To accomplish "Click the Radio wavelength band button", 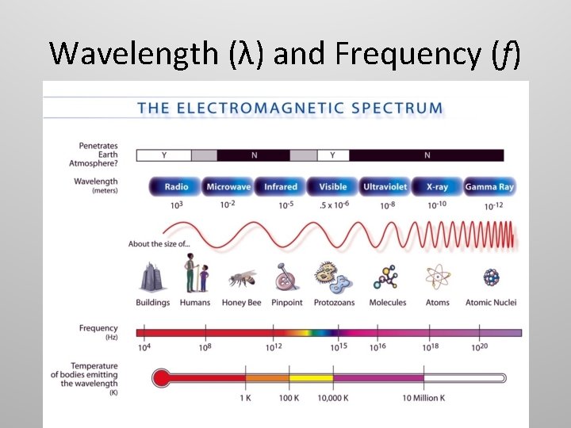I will [x=176, y=187].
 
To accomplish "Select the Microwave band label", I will [x=228, y=187].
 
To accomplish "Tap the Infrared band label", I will [x=280, y=187].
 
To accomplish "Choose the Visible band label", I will [x=333, y=187].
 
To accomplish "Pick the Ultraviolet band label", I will [x=385, y=187].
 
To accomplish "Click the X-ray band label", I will [x=437, y=187].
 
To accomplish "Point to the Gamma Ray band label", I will [x=489, y=187].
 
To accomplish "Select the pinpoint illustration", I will [x=286, y=278].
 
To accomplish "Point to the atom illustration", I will [x=437, y=277].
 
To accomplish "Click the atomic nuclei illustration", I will [x=491, y=277].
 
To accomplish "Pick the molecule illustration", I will [x=387, y=277].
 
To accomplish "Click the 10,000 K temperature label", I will [x=332, y=397].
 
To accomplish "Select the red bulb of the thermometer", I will [x=161, y=378].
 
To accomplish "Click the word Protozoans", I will [x=334, y=303].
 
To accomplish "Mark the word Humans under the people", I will [x=195, y=303].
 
